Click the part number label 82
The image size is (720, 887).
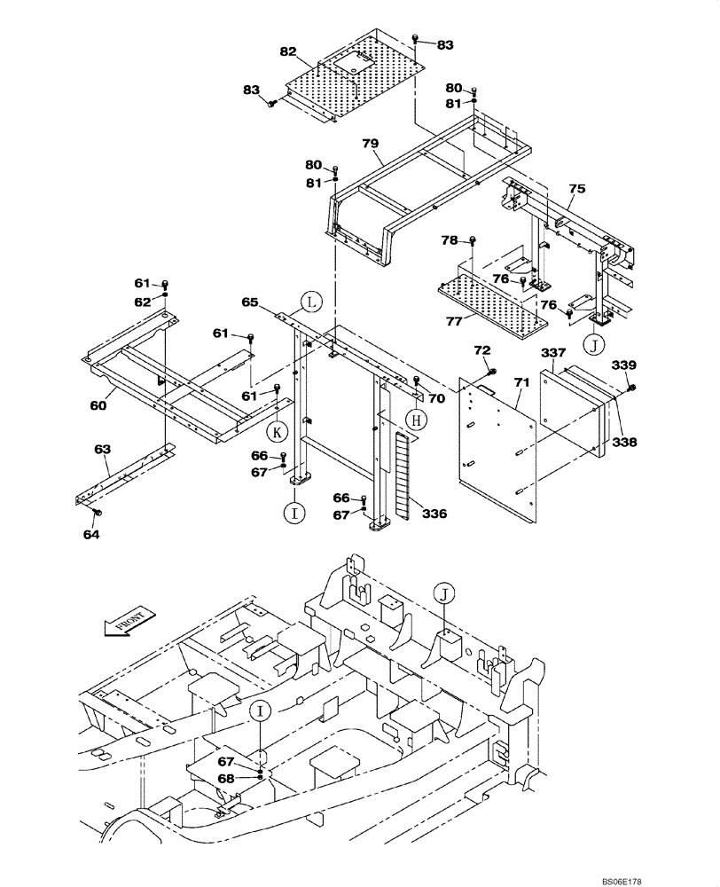pyautogui.click(x=287, y=52)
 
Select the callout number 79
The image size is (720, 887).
pyautogui.click(x=370, y=144)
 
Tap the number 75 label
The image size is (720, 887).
pyautogui.click(x=576, y=189)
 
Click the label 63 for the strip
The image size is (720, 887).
pyautogui.click(x=102, y=450)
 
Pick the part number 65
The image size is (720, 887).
pyautogui.click(x=250, y=302)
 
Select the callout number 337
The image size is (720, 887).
pyautogui.click(x=553, y=354)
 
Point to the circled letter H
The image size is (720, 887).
pyautogui.click(x=412, y=421)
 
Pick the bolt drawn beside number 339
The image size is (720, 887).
pyautogui.click(x=630, y=388)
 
